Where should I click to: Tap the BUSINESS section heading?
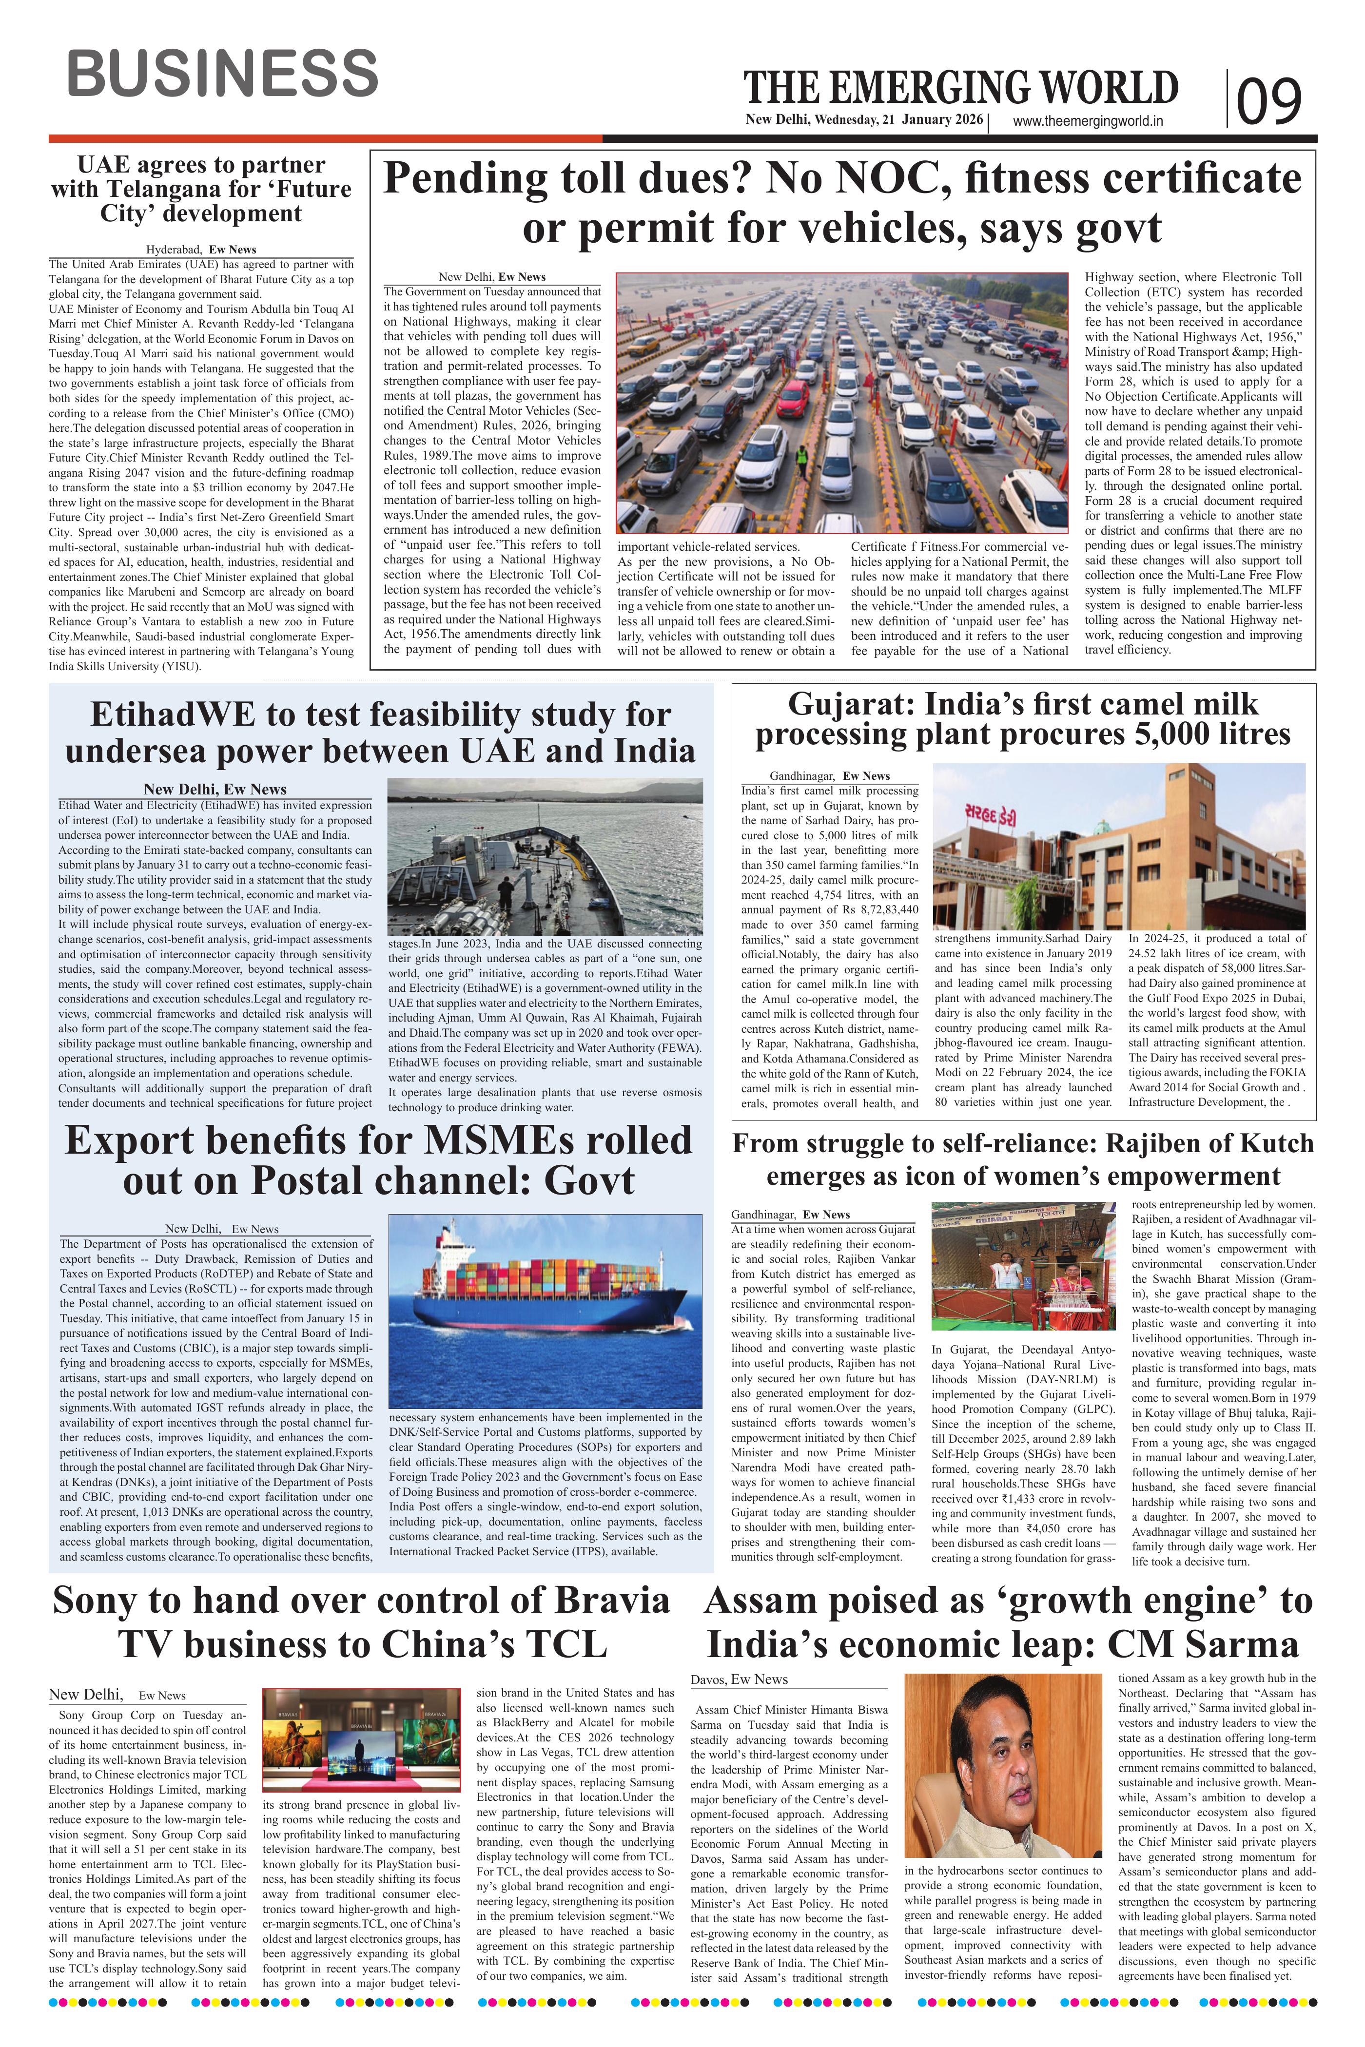click(223, 73)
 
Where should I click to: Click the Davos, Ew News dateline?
click(739, 1680)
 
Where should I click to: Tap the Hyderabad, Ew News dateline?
click(201, 250)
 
